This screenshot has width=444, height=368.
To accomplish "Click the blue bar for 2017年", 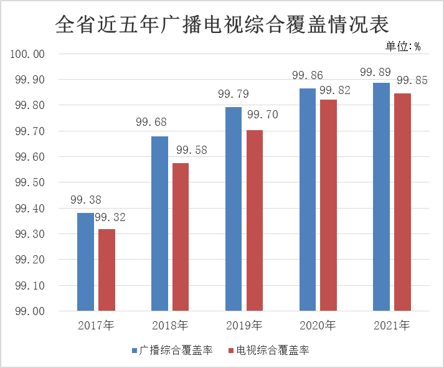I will [85, 262].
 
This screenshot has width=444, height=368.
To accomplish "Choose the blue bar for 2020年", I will [308, 199].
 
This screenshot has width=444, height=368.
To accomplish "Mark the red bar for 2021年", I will [402, 202].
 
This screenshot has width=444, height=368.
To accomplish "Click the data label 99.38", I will [85, 201].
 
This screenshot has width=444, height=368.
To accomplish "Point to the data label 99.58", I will [191, 151].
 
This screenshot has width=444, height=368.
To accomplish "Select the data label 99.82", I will [335, 91].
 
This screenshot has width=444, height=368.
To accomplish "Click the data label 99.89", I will [376, 72].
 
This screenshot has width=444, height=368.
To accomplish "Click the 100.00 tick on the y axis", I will [27, 54].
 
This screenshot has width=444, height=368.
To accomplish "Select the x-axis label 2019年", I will [244, 326].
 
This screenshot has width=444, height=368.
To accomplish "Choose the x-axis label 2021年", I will [392, 326].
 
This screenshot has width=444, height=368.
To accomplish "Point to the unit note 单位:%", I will [402, 45].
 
